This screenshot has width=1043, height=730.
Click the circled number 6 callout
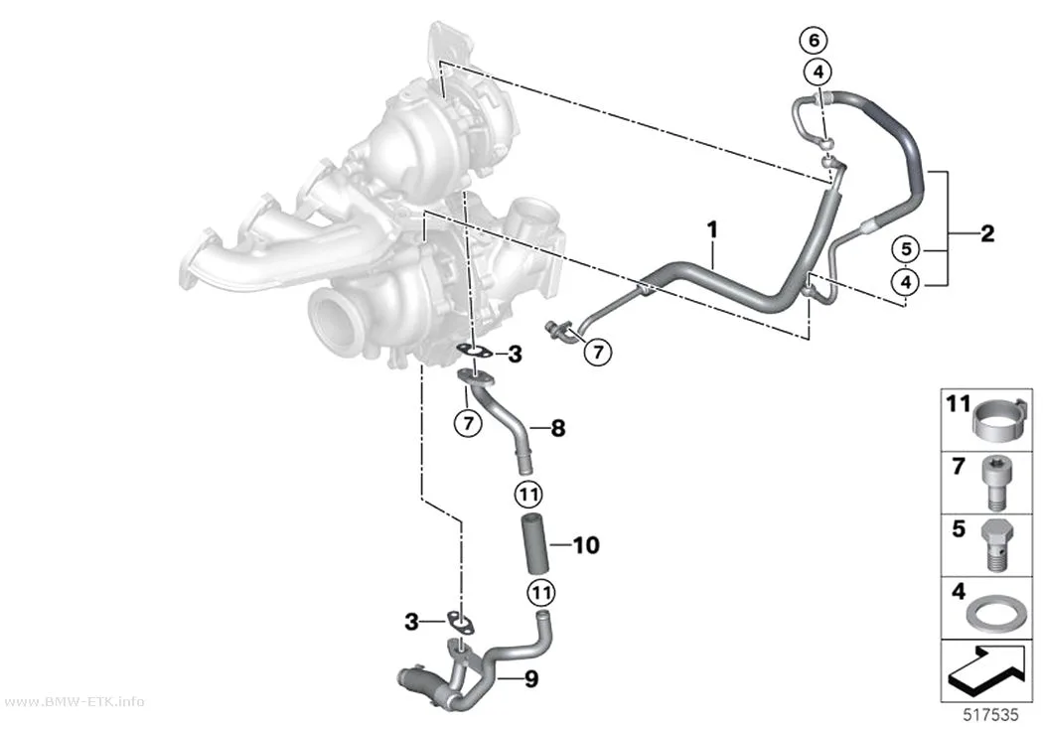coord(815,41)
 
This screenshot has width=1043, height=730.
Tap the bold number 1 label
coord(712,230)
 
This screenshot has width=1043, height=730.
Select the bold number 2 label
coord(987,233)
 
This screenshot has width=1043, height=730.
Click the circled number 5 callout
coord(905,250)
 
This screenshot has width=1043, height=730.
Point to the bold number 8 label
coord(558,428)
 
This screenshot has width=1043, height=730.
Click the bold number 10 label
coord(586,545)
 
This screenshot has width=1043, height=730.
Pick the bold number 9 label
coord(530,679)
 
